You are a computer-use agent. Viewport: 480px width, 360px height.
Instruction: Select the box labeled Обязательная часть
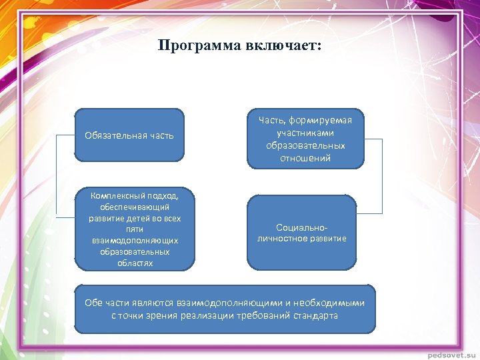pyautogui.click(x=129, y=135)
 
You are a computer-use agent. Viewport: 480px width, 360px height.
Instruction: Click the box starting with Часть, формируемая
pyautogui.click(x=305, y=139)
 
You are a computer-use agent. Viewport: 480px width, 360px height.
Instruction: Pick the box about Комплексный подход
pyautogui.click(x=135, y=229)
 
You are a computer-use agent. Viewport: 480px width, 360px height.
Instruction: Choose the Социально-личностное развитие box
pyautogui.click(x=302, y=233)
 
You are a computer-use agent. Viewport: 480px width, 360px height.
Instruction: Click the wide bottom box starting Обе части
pyautogui.click(x=225, y=309)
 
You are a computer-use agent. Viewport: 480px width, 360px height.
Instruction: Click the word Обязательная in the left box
pyautogui.click(x=110, y=135)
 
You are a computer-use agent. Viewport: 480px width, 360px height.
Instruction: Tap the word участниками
pyautogui.click(x=305, y=133)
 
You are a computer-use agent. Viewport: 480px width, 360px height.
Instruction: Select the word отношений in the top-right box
pyautogui.click(x=305, y=158)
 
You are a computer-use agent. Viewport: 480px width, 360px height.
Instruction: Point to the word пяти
pyautogui.click(x=135, y=229)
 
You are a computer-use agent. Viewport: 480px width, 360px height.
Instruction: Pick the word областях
pyautogui.click(x=135, y=263)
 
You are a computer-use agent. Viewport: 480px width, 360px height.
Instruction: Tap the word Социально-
pyautogui.click(x=302, y=227)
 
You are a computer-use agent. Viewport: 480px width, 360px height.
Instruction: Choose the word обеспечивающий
pyautogui.click(x=135, y=207)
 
